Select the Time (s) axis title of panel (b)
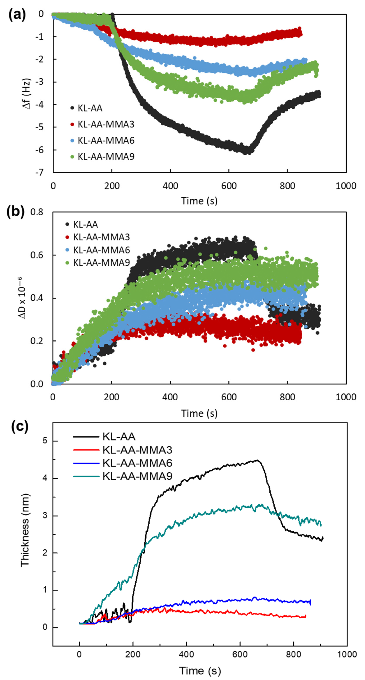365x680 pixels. pos(199,413)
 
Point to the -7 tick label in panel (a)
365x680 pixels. pos(39,172)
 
